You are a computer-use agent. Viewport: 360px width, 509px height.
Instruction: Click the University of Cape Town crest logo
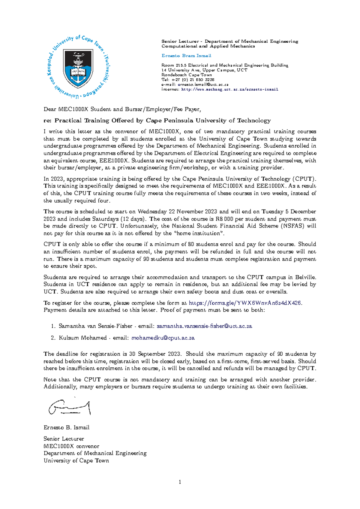[x=78, y=67]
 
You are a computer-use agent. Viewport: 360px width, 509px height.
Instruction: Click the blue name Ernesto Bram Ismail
[x=186, y=56]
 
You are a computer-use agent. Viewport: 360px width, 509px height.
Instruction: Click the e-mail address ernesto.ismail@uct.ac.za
[x=203, y=85]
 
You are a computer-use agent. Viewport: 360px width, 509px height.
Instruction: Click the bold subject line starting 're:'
[x=157, y=121]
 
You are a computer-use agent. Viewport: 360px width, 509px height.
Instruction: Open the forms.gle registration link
[x=245, y=303]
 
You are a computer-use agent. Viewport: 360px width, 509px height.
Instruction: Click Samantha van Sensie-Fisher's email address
[x=204, y=326]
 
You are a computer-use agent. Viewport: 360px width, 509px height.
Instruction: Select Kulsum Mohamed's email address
[x=163, y=338]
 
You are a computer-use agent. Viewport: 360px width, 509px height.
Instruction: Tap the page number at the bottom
[x=180, y=482]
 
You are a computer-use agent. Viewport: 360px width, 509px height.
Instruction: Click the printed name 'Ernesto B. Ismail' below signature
[x=66, y=428]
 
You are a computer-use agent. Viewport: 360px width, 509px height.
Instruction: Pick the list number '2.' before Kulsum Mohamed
[x=53, y=338]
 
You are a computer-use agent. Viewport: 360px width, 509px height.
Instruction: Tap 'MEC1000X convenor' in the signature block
[x=71, y=446]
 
